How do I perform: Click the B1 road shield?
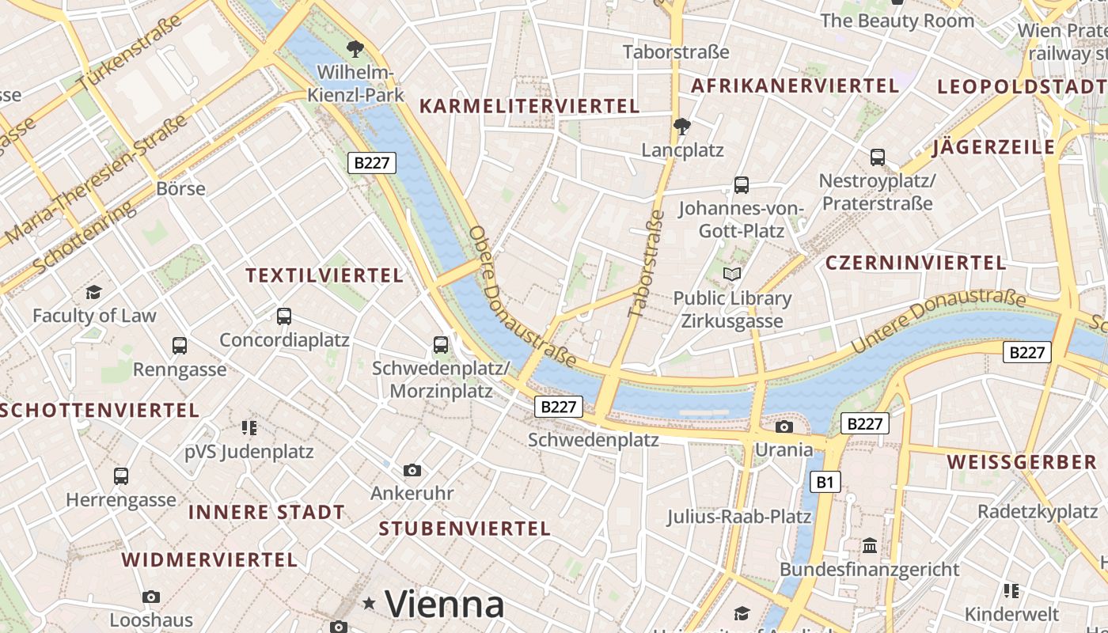(825, 481)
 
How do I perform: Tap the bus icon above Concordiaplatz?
(284, 316)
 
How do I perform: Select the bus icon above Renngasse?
(180, 346)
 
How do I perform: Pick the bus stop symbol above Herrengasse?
(121, 476)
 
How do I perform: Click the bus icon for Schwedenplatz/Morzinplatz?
(441, 345)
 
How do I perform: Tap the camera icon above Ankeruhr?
(412, 471)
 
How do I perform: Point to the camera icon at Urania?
(784, 427)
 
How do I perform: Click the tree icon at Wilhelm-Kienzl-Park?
(355, 49)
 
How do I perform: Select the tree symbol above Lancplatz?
(681, 127)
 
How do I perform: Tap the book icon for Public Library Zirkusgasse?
(733, 275)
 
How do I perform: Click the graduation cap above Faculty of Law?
(94, 293)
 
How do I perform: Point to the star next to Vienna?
(369, 604)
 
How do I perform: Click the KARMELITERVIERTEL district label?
(529, 106)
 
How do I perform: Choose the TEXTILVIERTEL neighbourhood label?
(324, 275)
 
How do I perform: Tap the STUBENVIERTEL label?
(464, 529)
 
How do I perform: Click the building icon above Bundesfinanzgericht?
(870, 546)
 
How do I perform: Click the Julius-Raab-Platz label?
(738, 517)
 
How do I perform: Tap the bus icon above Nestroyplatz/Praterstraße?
(878, 157)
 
